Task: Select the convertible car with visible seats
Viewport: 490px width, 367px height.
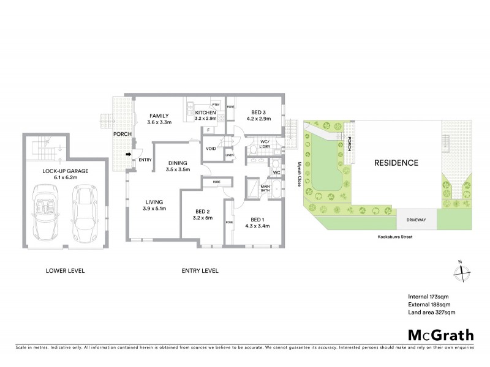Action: click(45, 214)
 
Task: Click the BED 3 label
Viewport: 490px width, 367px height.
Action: click(258, 113)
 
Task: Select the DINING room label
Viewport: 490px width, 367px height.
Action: click(179, 163)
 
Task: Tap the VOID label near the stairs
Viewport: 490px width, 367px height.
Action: click(210, 149)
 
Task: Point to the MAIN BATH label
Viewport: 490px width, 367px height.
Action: click(266, 189)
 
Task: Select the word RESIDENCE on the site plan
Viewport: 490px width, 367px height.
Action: click(396, 163)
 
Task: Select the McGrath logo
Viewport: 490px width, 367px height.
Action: click(440, 335)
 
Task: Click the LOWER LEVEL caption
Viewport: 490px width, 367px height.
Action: click(65, 270)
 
